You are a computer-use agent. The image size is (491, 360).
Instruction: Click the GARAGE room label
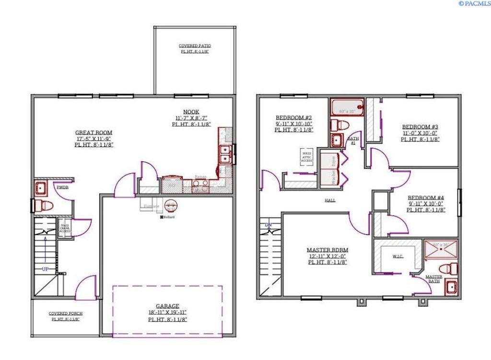[x=167, y=306]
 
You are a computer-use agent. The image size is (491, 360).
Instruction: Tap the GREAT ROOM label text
[x=94, y=132]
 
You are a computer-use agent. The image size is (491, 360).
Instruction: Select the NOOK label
[x=191, y=112]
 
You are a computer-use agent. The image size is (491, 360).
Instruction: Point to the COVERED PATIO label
[x=195, y=46]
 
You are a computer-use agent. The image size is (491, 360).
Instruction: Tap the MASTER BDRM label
[x=327, y=250]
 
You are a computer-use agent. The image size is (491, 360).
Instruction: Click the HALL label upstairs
[x=330, y=200]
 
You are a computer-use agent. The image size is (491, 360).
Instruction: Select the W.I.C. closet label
[x=397, y=256]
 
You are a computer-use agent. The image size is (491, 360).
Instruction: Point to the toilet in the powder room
[x=44, y=206]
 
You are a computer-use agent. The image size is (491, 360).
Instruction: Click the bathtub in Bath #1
[x=346, y=107]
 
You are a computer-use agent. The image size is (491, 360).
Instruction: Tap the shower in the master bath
[x=441, y=249]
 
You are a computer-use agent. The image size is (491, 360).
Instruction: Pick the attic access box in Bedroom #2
[x=306, y=156]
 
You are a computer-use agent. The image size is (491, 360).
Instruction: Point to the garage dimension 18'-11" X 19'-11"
[x=167, y=313]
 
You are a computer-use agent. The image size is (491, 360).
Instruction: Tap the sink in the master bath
[x=451, y=287]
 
